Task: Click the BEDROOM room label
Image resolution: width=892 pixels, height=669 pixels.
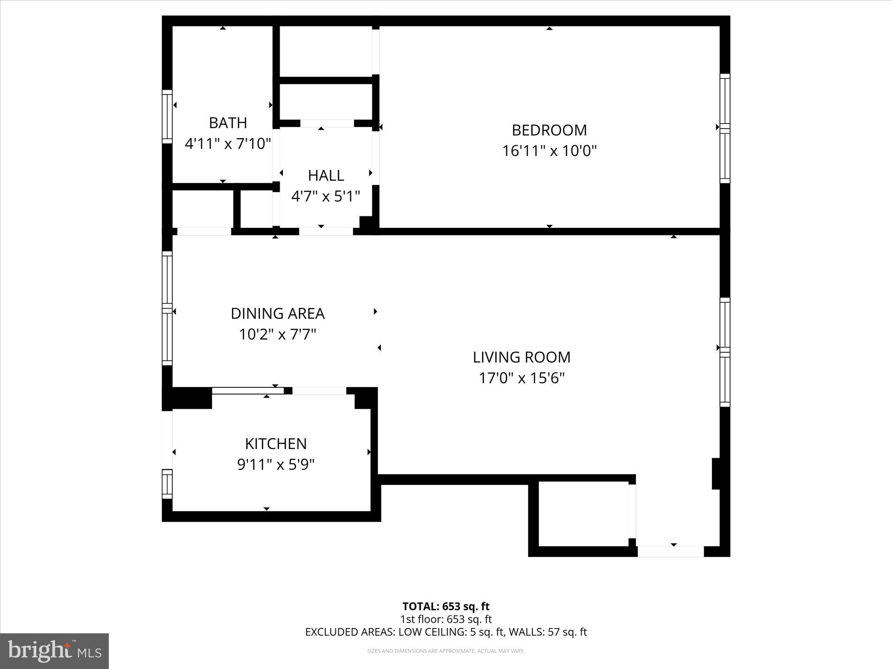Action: point(549,130)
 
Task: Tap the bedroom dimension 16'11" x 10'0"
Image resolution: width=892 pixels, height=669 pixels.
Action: point(549,151)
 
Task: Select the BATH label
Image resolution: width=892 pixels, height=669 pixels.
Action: point(228,123)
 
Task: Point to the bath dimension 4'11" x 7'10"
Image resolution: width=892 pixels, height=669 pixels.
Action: point(228,144)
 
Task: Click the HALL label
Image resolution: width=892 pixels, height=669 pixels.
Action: point(326,175)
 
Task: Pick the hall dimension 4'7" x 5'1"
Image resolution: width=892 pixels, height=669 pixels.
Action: point(326,196)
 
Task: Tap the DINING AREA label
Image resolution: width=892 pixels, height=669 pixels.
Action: point(277,314)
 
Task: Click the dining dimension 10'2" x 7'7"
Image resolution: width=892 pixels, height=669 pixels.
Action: point(277,334)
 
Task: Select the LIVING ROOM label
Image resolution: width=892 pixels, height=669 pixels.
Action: point(521,357)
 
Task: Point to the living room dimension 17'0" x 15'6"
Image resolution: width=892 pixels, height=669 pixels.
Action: point(521,378)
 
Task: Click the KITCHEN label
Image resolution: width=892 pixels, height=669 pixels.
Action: point(276,444)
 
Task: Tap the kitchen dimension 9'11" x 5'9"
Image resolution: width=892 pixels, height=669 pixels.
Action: point(276,465)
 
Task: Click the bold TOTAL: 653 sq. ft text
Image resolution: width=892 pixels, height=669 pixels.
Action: point(446,607)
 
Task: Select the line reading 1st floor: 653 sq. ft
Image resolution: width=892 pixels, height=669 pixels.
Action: point(446,619)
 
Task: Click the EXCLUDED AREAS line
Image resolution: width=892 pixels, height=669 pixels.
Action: point(446,632)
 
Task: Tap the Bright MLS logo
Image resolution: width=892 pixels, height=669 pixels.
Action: point(54,651)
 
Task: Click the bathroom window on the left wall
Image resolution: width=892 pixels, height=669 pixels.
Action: point(167,116)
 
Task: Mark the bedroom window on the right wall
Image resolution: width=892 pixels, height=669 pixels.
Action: point(725,128)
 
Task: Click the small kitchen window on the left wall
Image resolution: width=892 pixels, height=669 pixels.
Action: point(167,484)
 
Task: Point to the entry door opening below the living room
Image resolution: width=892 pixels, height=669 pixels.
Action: point(670,551)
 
